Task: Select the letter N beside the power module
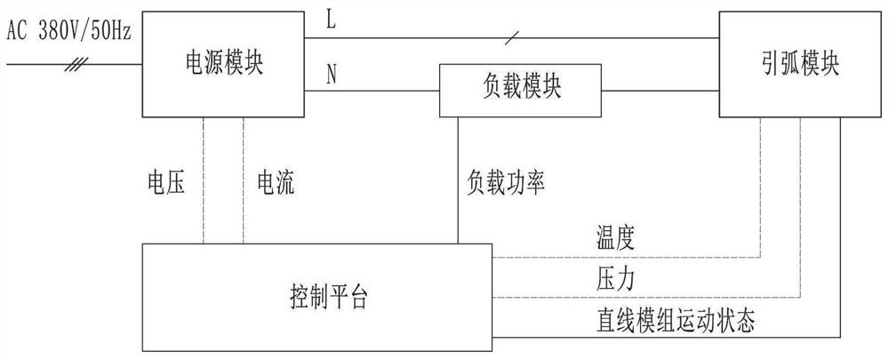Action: (x=332, y=76)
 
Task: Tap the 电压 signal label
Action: (x=166, y=183)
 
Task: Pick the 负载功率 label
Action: (x=505, y=183)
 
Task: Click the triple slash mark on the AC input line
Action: (x=79, y=63)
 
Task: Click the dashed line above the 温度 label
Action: (x=622, y=257)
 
